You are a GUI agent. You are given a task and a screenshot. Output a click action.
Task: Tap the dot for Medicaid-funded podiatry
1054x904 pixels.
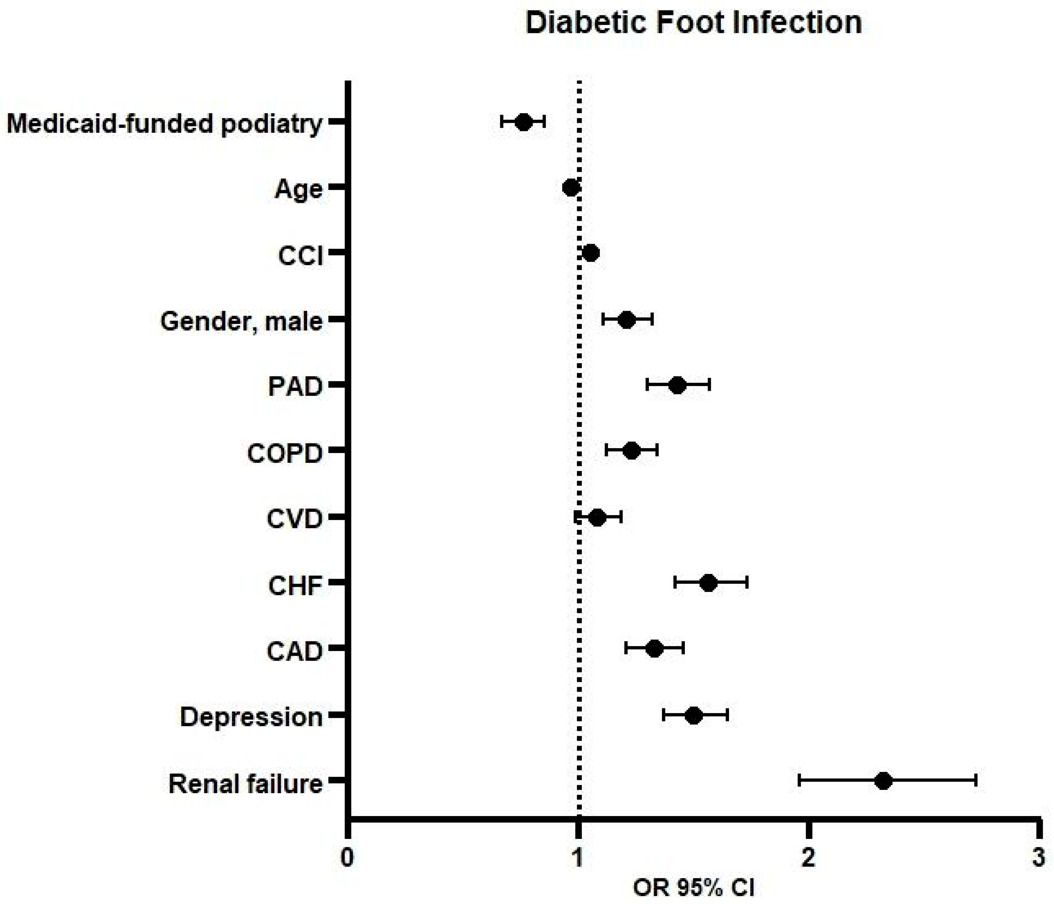[x=524, y=122]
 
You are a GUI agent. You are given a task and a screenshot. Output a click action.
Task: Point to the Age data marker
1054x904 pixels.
[x=571, y=188]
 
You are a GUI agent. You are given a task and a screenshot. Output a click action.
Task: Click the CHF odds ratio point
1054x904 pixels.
[x=708, y=583]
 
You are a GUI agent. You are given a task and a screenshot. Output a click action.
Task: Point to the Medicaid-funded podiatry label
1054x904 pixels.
[x=164, y=124]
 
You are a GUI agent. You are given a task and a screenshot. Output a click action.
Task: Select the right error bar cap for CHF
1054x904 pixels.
[x=747, y=583]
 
